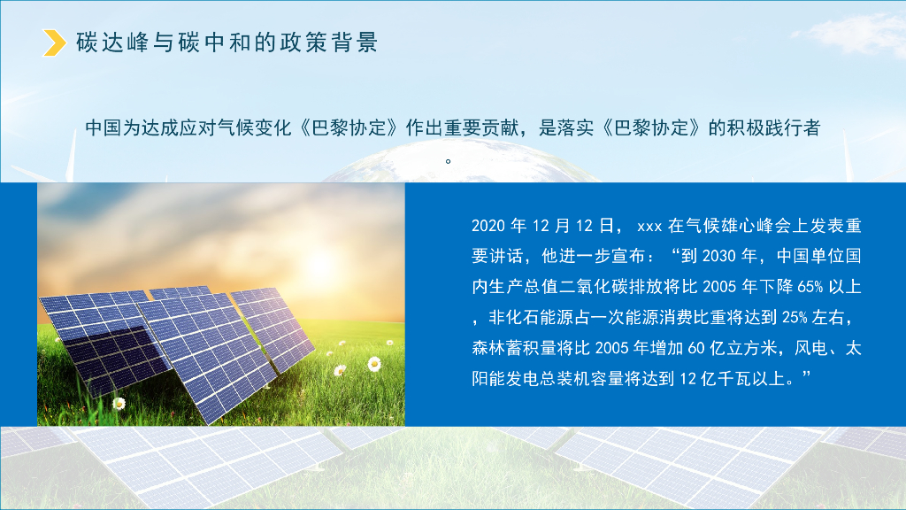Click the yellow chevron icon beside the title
click(56, 42)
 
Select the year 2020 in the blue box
click(488, 226)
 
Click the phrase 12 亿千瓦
click(715, 378)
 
